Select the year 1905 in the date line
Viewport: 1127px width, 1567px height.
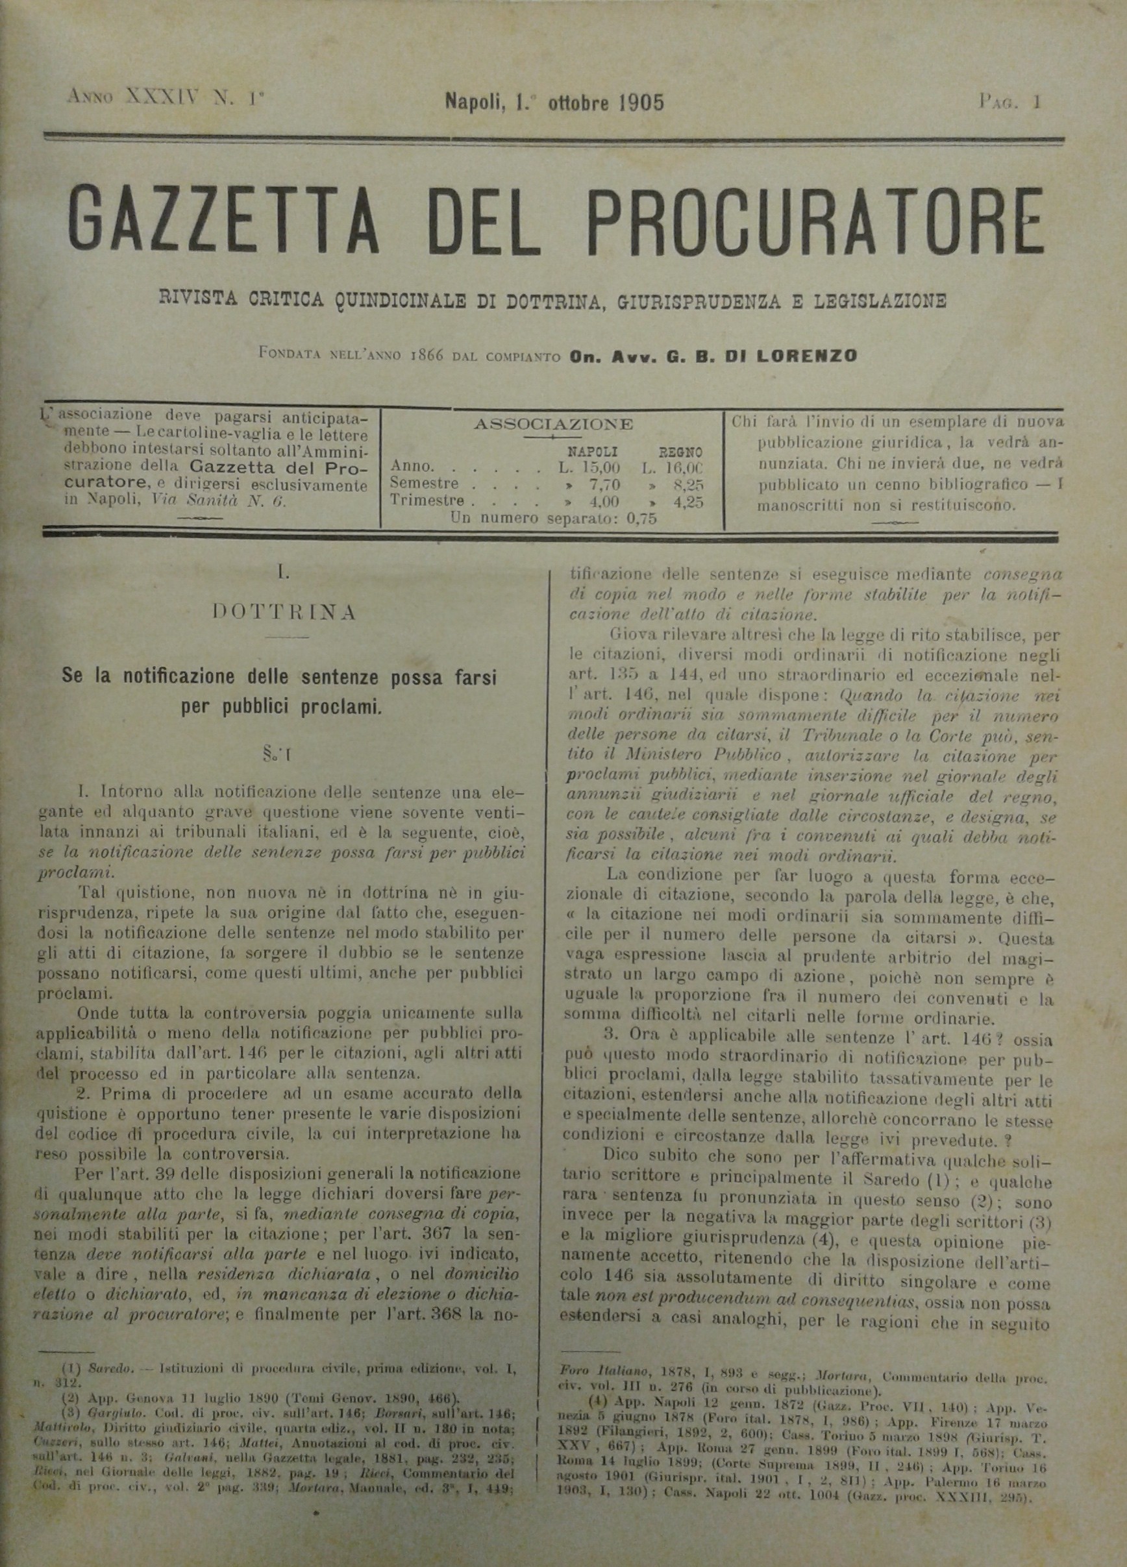point(641,103)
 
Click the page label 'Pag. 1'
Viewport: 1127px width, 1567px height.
point(1009,103)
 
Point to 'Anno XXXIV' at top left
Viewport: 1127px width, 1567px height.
point(136,97)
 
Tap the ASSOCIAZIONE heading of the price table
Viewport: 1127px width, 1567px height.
point(554,423)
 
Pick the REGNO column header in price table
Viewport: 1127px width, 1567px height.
point(680,453)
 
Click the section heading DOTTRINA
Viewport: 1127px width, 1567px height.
point(285,611)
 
